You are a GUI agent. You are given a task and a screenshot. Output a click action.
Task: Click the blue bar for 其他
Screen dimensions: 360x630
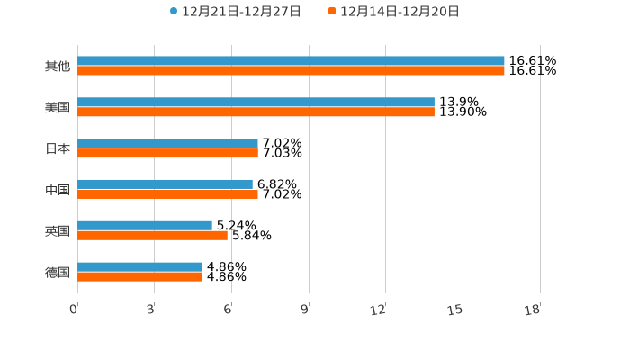[291, 61]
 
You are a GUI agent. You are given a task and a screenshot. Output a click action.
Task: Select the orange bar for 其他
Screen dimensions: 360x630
[291, 71]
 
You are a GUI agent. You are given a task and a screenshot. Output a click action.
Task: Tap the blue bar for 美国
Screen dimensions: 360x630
[256, 103]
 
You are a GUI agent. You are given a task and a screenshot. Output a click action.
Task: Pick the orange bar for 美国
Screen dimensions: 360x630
[256, 112]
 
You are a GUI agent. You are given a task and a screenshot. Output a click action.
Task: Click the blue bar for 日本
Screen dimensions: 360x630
[167, 144]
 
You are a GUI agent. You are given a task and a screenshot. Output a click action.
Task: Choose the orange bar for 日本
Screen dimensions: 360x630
[167, 154]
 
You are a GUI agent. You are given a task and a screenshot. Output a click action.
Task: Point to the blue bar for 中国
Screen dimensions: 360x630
[165, 184]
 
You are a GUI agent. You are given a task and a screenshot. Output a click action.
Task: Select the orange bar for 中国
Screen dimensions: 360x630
[167, 194]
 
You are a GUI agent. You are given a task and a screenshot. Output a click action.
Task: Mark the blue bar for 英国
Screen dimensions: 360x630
[145, 226]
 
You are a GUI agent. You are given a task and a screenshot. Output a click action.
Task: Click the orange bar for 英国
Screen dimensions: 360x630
[152, 236]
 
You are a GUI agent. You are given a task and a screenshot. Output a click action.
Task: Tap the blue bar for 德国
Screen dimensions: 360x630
[139, 267]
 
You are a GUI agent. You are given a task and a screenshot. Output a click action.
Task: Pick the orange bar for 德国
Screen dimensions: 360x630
[139, 277]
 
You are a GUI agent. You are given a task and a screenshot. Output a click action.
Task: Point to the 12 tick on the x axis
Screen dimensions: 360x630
[379, 310]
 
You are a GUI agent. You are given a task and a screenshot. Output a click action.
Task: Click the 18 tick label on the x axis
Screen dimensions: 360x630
[533, 310]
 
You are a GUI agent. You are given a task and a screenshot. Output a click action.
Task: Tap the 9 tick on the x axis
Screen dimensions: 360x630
[305, 310]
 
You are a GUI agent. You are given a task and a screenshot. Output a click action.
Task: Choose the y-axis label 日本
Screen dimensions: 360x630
[58, 148]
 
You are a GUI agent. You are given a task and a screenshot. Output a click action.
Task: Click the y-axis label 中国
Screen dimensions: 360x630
[58, 190]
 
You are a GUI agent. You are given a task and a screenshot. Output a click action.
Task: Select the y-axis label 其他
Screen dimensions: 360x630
[58, 67]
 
